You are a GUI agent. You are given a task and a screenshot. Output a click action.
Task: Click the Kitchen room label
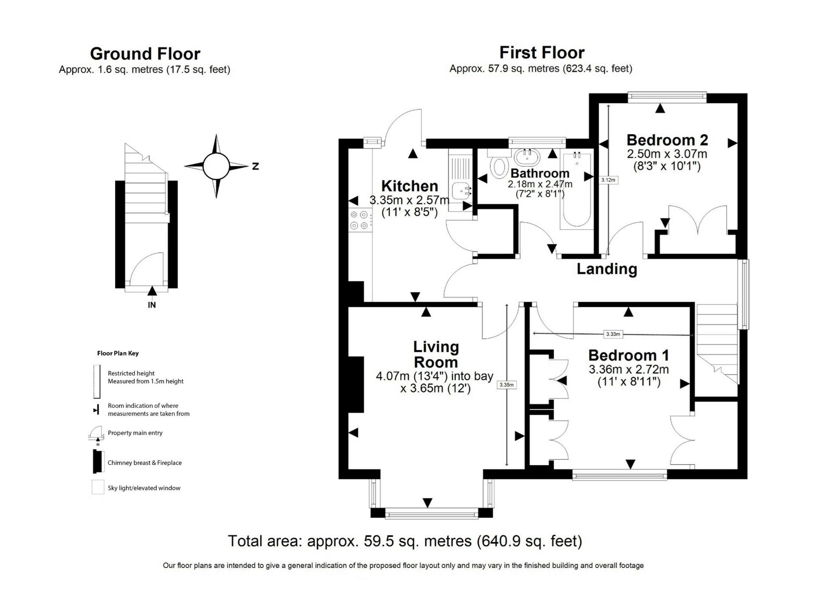point(409,186)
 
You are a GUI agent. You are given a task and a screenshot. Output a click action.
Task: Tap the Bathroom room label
point(540,173)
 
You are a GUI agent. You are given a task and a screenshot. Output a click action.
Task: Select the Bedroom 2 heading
point(667,140)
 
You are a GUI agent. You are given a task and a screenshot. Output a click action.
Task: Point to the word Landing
point(606,269)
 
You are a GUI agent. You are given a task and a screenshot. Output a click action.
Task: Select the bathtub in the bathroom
point(577,189)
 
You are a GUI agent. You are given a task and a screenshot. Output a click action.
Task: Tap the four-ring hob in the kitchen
point(359,220)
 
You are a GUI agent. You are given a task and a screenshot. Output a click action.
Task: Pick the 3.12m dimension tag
point(608,180)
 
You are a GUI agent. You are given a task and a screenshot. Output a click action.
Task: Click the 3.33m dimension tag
point(613,334)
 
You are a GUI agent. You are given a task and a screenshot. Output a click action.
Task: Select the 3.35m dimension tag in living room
point(506,385)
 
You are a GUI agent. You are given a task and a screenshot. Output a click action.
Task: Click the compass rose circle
point(216,166)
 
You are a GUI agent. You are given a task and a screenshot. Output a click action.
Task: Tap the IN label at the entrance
point(152,305)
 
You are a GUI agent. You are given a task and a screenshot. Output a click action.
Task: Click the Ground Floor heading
point(145,54)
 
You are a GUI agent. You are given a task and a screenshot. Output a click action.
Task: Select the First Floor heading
point(541,53)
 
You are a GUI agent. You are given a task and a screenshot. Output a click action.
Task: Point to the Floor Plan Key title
point(118,353)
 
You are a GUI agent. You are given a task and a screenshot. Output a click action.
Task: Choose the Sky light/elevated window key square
point(98,487)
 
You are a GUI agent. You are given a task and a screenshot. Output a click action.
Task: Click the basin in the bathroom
point(527,157)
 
